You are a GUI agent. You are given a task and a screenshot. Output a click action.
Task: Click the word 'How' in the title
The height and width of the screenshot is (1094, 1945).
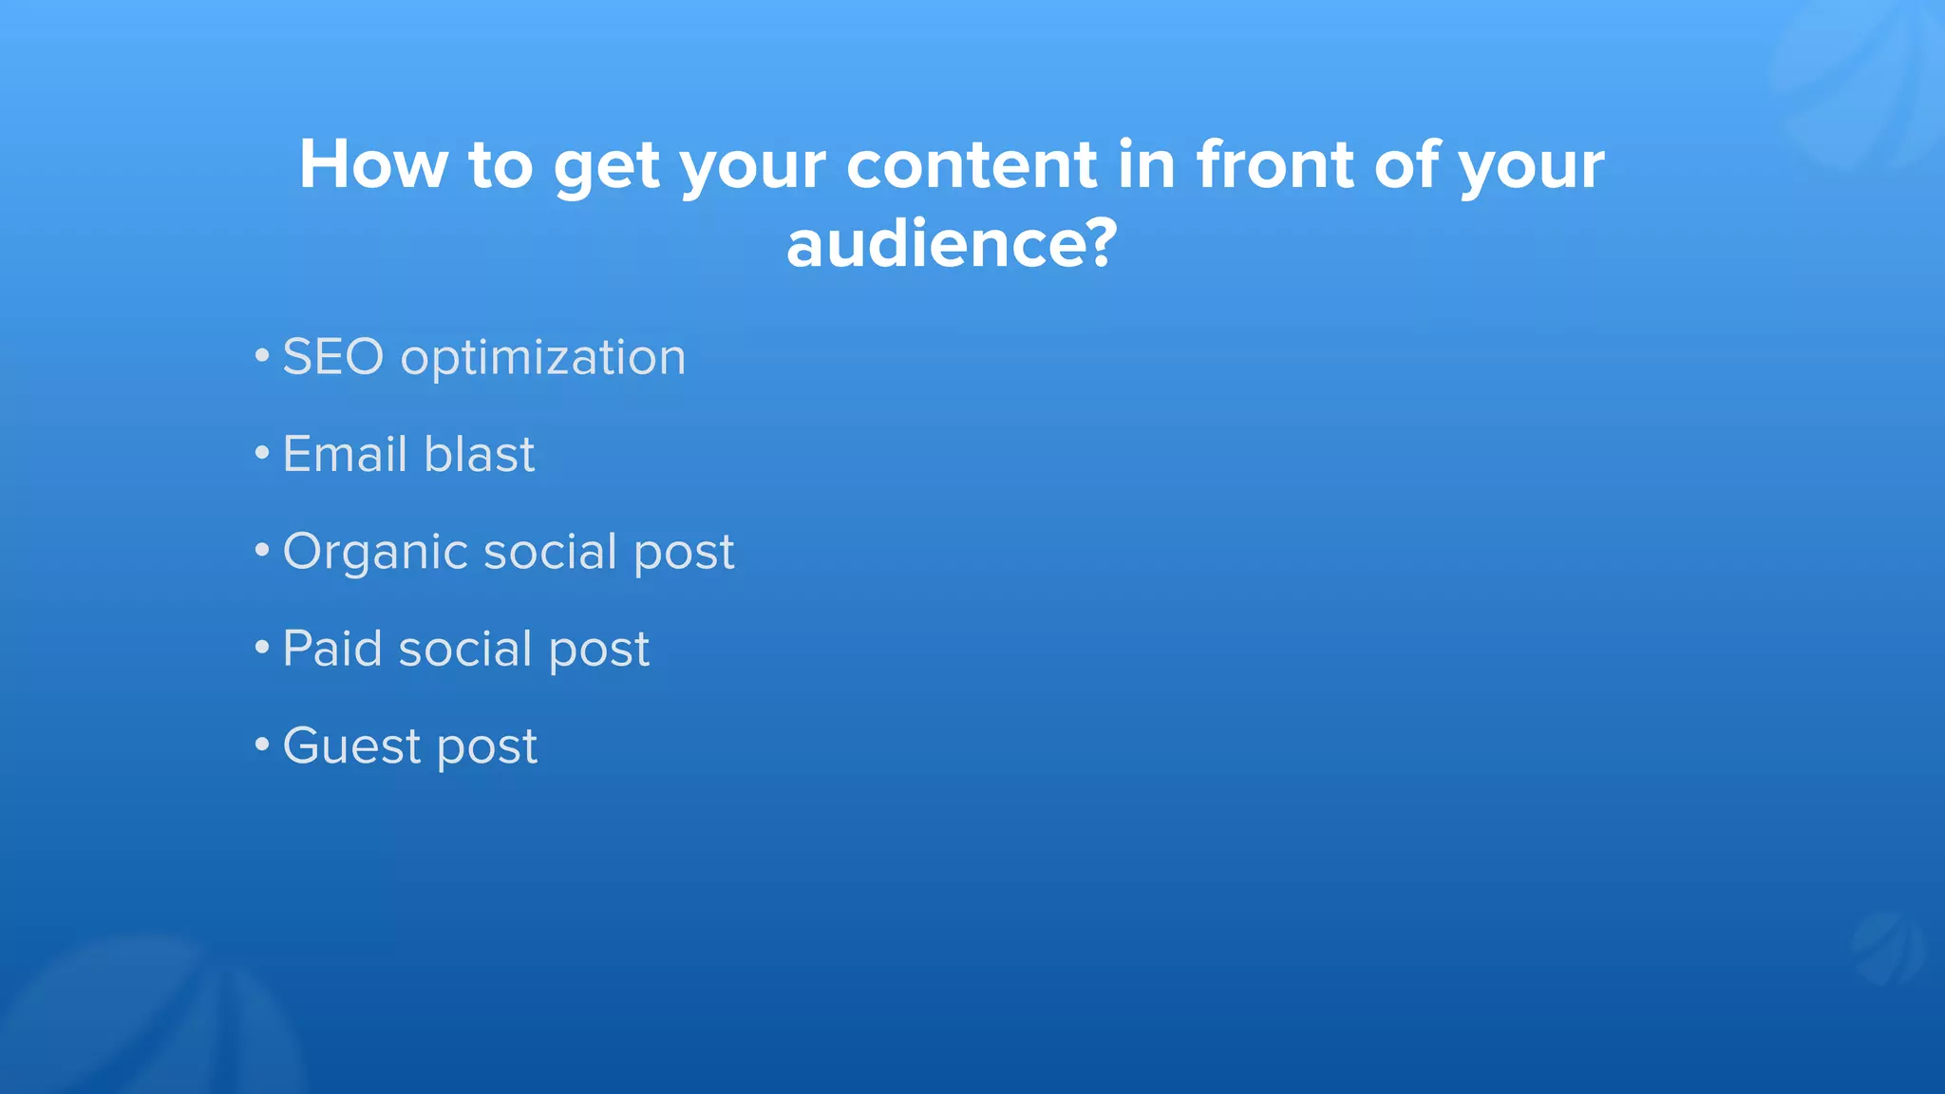372,165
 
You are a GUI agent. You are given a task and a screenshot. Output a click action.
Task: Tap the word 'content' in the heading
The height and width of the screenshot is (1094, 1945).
972,165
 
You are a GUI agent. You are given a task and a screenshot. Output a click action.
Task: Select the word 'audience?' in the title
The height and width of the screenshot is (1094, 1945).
952,244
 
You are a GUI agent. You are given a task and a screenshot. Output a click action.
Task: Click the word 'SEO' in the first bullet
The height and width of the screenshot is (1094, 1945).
332,358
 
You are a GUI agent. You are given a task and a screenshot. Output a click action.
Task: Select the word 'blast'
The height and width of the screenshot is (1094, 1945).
480,455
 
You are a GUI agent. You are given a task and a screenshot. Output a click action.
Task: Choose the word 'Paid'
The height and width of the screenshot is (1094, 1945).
332,650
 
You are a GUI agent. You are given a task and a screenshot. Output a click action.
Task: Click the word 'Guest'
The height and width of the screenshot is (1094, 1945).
351,746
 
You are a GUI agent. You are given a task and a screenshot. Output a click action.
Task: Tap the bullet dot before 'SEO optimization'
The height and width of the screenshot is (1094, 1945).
262,358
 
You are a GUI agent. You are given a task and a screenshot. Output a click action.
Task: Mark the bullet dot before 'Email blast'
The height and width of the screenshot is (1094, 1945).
262,455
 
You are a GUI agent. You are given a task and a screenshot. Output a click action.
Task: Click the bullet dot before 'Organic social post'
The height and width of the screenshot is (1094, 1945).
262,552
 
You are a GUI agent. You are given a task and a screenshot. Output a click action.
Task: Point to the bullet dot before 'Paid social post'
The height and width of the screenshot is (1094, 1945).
262,649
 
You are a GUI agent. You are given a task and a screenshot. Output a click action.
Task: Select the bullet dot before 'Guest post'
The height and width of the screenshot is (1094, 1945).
262,745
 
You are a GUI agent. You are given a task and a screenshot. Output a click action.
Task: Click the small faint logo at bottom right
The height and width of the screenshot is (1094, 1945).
1887,949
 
